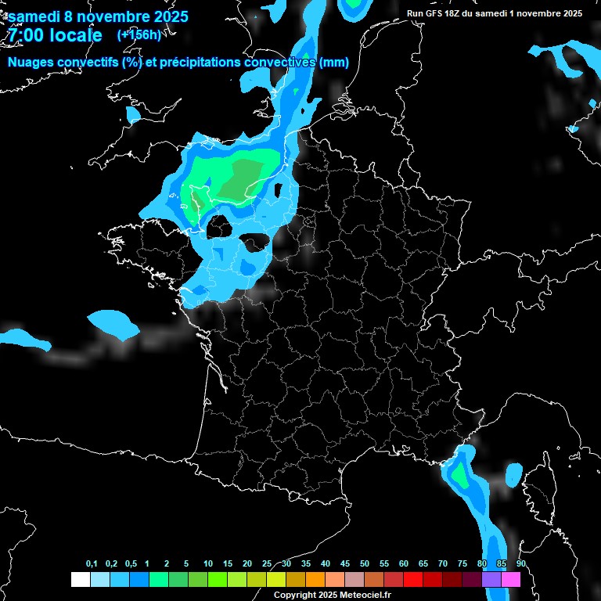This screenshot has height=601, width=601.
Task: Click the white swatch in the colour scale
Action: click(80, 579)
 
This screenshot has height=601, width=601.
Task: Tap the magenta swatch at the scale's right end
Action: click(511, 579)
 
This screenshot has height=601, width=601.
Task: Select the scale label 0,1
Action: click(92, 564)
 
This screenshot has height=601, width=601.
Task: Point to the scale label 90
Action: click(521, 564)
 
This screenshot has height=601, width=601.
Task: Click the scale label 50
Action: click(365, 564)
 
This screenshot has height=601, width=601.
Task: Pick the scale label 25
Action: click(267, 564)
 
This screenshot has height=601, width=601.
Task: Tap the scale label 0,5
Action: click(131, 564)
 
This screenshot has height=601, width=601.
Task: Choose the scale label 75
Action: click(462, 564)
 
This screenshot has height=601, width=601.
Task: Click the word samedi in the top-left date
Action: click(34, 16)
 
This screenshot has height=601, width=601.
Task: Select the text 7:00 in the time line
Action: click(24, 35)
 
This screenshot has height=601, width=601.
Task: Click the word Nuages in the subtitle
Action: click(29, 62)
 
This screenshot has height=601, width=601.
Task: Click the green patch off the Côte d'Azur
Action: click(459, 474)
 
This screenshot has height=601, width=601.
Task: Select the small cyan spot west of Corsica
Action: click(514, 473)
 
